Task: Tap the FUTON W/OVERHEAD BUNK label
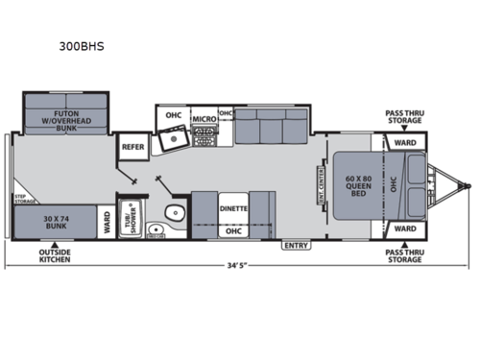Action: (64, 118)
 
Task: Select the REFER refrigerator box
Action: (132, 147)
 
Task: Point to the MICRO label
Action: (203, 120)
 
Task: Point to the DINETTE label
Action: (233, 207)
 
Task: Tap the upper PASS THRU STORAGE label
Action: (404, 116)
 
